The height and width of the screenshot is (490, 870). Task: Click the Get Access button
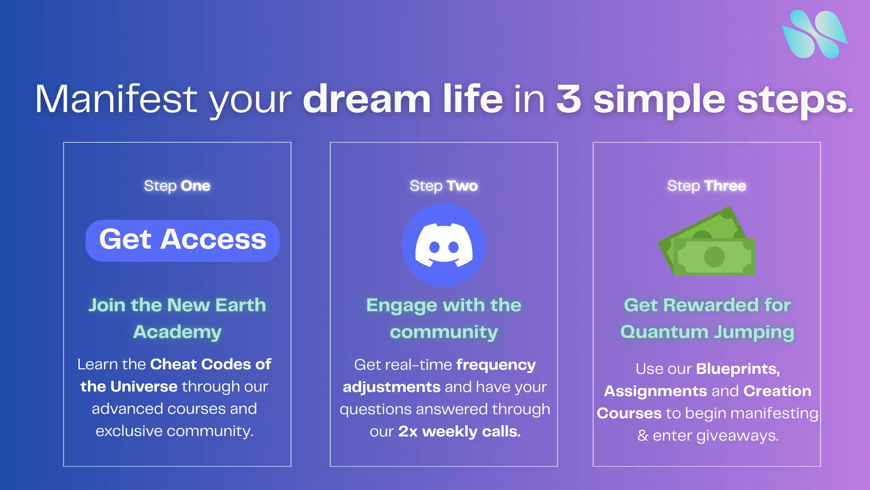point(183,240)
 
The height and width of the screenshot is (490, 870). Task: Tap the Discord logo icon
point(444,245)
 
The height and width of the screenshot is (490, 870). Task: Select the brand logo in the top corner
point(815,34)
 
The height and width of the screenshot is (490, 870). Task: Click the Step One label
point(177,186)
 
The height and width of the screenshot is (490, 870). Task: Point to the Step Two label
point(444,186)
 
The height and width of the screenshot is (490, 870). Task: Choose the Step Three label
point(707,186)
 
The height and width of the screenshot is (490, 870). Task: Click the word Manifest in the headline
point(116,99)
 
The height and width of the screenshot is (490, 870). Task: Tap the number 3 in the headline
point(569,99)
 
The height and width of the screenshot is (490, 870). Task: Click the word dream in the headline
point(367,99)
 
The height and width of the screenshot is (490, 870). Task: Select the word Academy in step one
point(177,332)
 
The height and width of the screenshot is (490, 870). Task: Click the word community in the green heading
point(444,332)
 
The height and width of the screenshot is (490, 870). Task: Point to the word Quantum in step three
point(664,332)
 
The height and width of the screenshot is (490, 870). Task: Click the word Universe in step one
point(144,387)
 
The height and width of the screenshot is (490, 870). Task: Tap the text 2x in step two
point(408,431)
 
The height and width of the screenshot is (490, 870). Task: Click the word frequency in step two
point(496,365)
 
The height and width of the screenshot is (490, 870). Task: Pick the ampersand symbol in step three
point(643,436)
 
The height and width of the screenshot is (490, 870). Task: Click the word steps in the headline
point(792,100)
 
